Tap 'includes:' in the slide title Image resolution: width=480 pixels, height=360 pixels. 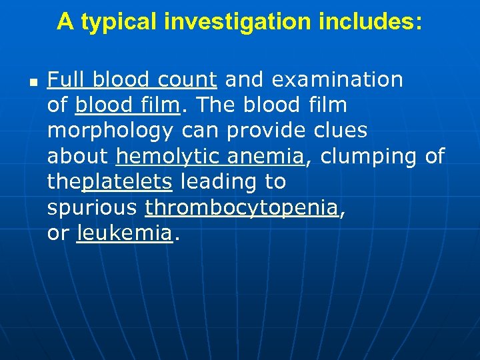pyautogui.click(x=372, y=22)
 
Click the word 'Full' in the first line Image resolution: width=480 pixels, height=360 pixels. pyautogui.click(x=67, y=80)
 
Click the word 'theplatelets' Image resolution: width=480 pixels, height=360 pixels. pyautogui.click(x=110, y=182)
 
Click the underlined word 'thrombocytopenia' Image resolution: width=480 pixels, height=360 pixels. pyautogui.click(x=241, y=208)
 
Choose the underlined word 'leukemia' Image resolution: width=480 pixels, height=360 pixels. pyautogui.click(x=124, y=233)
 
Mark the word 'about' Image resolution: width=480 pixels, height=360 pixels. pyautogui.click(x=77, y=156)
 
